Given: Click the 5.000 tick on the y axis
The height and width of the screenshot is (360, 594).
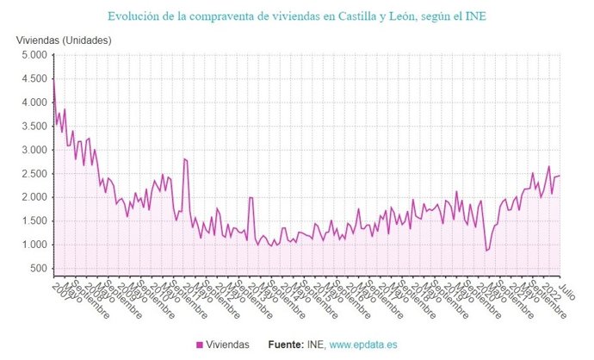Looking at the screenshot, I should point(32,55).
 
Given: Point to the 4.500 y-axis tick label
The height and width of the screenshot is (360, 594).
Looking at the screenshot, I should point(32,79).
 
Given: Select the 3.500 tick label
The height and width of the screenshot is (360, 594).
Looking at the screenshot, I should point(32,127).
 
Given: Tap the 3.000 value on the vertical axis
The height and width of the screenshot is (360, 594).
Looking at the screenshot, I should point(32,150).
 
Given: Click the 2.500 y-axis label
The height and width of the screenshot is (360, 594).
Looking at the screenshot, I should point(32,174).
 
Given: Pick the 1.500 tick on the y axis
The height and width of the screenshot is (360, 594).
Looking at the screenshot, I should point(32,221).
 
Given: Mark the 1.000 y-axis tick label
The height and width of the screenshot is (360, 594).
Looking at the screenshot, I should point(32,245).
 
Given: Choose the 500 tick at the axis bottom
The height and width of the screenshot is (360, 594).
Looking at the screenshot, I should point(36,269).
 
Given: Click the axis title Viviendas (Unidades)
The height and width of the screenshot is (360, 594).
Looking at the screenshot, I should point(65,40).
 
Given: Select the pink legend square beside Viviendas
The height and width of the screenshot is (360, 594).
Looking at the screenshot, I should point(200,344).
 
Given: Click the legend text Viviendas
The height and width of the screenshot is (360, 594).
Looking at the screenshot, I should point(228,344).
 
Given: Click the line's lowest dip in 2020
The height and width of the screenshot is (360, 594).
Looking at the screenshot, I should point(486,251).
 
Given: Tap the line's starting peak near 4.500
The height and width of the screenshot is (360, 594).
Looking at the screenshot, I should point(53,81).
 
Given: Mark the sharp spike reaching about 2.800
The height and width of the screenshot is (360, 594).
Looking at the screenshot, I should point(184,158).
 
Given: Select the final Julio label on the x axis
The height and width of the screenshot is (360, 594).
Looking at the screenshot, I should point(566,287).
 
